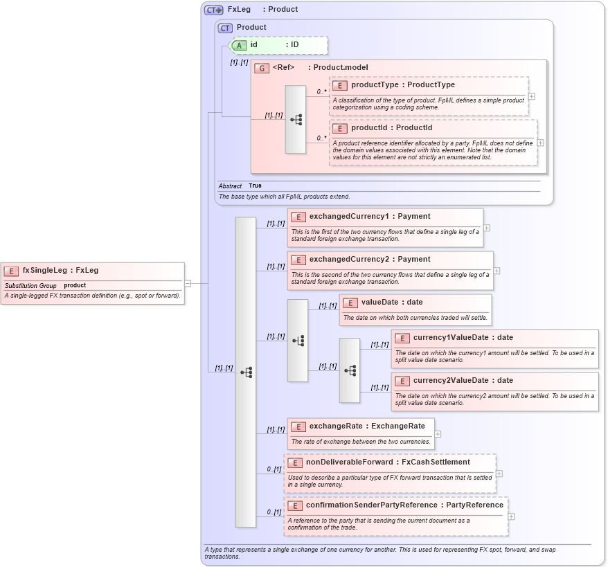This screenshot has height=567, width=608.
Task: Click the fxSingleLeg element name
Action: tap(44, 271)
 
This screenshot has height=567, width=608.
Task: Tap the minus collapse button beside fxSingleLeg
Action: tap(188, 283)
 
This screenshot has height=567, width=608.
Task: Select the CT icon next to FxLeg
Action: tap(213, 10)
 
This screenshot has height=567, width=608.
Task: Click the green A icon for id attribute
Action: tap(239, 45)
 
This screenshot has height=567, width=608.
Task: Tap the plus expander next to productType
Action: tap(531, 97)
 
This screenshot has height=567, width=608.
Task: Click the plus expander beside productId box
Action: tap(540, 143)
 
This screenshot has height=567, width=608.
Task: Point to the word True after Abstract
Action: tap(255, 186)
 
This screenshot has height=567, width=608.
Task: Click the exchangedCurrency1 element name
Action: tap(352, 217)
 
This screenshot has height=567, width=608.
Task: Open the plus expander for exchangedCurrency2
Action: tap(497, 271)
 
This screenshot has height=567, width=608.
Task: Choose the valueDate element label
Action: tap(382, 303)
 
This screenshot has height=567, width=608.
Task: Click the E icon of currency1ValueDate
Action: tap(402, 338)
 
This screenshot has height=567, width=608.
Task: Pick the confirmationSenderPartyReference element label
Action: tap(372, 505)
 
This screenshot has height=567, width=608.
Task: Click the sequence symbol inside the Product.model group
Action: tap(296, 120)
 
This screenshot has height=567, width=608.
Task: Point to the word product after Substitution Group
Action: tap(75, 285)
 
